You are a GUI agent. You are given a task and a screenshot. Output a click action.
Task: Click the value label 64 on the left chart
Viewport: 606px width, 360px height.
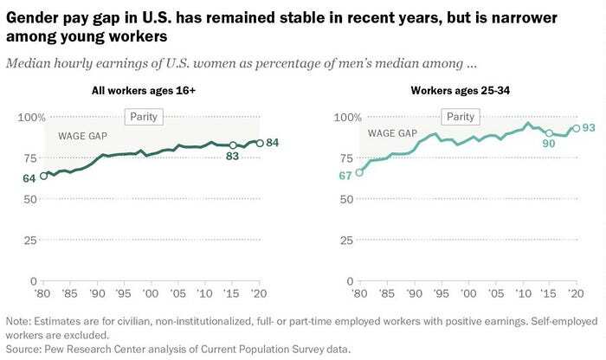pyautogui.click(x=29, y=178)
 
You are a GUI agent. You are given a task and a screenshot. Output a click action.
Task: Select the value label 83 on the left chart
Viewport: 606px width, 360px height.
pyautogui.click(x=232, y=157)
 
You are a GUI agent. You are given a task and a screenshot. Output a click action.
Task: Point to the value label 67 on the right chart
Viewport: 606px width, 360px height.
pyautogui.click(x=345, y=177)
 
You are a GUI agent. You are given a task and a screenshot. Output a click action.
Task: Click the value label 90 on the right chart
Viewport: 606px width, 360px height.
pyautogui.click(x=547, y=145)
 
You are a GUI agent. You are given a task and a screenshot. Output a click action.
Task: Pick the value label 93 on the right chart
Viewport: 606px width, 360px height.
pyautogui.click(x=588, y=128)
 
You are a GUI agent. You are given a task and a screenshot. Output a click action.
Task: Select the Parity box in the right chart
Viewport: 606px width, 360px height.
pyautogui.click(x=460, y=117)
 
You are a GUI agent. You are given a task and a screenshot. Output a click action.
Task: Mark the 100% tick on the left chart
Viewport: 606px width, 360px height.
pyautogui.click(x=32, y=118)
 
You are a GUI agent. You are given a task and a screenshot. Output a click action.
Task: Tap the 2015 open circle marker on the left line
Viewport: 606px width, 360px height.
pyautogui.click(x=233, y=145)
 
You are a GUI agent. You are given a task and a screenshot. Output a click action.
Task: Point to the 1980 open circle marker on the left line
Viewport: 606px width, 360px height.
pyautogui.click(x=44, y=176)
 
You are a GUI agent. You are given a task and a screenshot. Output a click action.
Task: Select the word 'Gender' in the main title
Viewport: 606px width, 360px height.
pyautogui.click(x=35, y=17)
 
